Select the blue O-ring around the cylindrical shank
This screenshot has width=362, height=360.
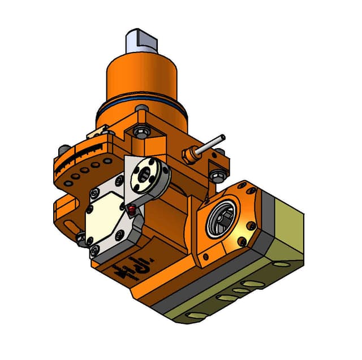pyautogui.click(x=141, y=110)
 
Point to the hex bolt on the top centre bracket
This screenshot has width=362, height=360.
pyautogui.click(x=139, y=133)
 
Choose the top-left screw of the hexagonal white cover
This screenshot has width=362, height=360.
pyautogui.click(x=119, y=181)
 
